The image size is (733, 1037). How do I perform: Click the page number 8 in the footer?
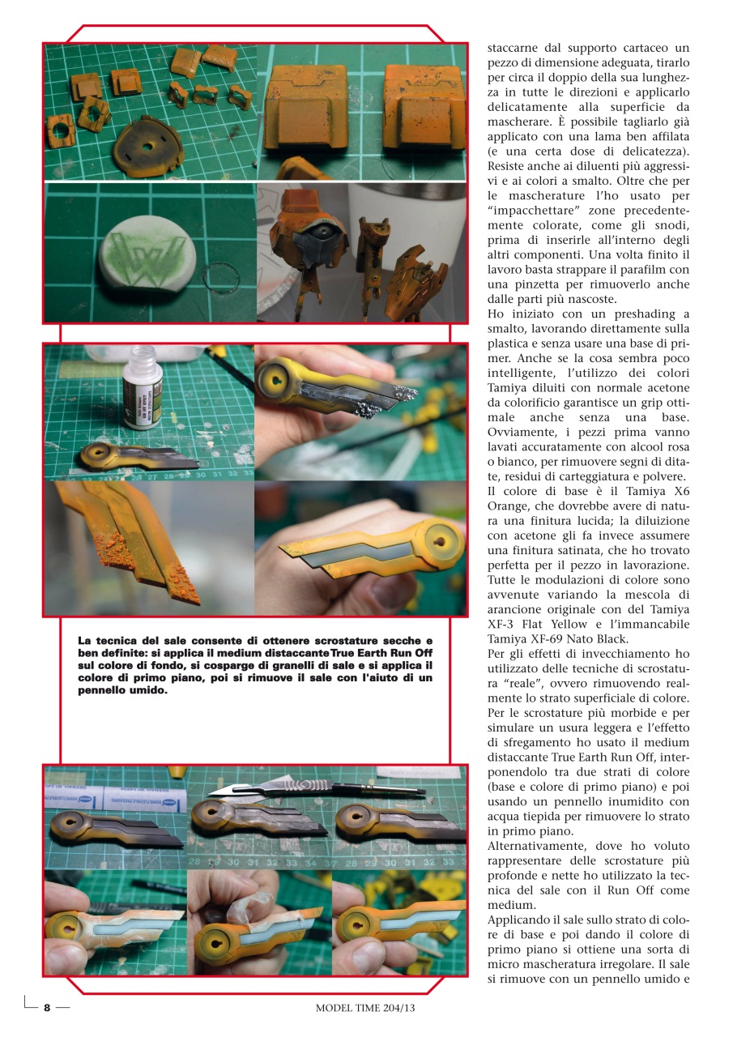47,1008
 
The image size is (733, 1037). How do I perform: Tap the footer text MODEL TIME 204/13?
369,1009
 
